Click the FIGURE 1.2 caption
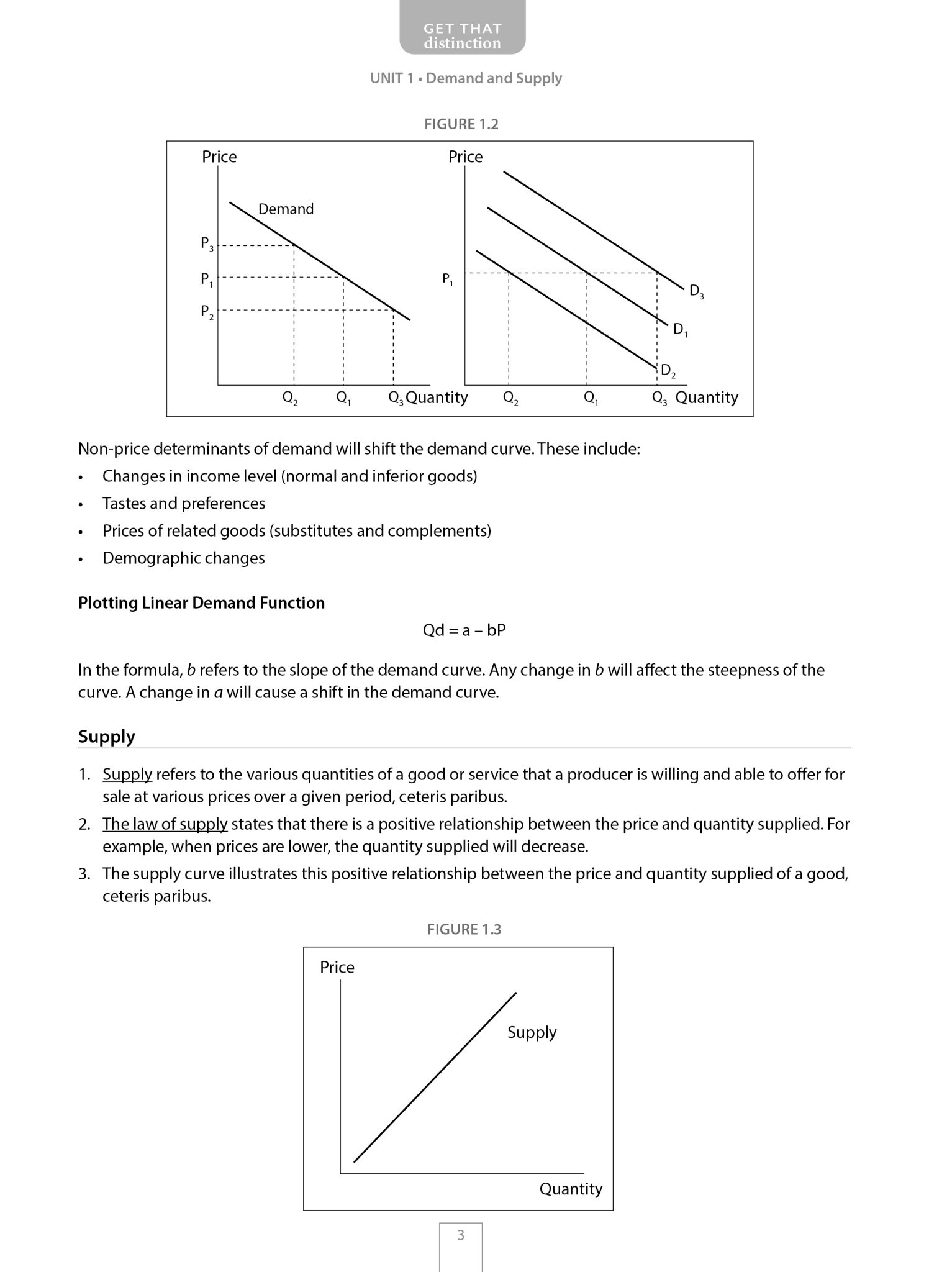click(461, 124)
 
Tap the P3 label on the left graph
click(207, 243)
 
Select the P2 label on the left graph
click(207, 312)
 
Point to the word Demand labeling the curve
click(286, 209)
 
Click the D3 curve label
click(696, 291)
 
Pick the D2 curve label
click(668, 371)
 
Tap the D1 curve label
click(680, 330)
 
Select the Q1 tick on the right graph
click(591, 398)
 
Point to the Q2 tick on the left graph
click(290, 398)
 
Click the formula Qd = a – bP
click(464, 630)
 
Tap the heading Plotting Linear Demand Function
click(201, 603)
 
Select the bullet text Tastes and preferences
click(184, 504)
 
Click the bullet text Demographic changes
click(184, 558)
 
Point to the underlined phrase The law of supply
click(165, 824)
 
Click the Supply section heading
click(107, 737)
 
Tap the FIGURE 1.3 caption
click(464, 929)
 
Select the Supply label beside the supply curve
click(532, 1032)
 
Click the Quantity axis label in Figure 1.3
click(571, 1189)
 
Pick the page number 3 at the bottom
click(461, 1235)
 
